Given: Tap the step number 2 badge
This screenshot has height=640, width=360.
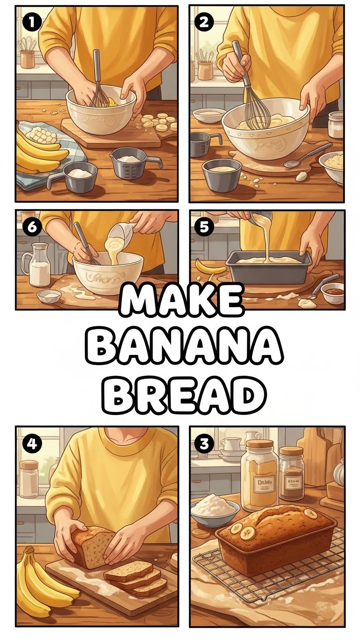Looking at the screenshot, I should tap(204, 22).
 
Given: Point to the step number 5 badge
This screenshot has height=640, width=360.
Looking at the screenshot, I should tap(204, 226).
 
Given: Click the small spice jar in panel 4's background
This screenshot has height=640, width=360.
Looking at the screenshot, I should tap(29, 478).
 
